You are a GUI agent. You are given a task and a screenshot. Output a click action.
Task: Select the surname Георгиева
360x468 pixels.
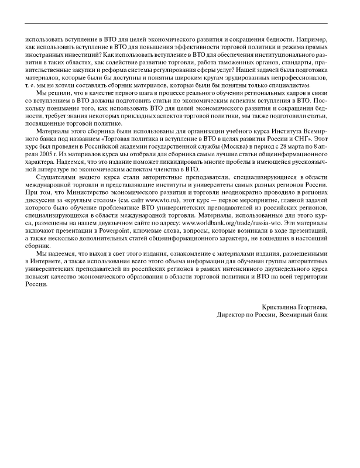(311, 306)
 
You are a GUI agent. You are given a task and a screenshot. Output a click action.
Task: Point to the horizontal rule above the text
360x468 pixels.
(180, 23)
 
